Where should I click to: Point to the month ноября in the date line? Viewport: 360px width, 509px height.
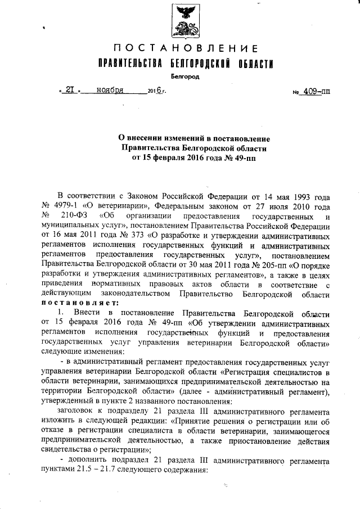(x=110, y=89)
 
